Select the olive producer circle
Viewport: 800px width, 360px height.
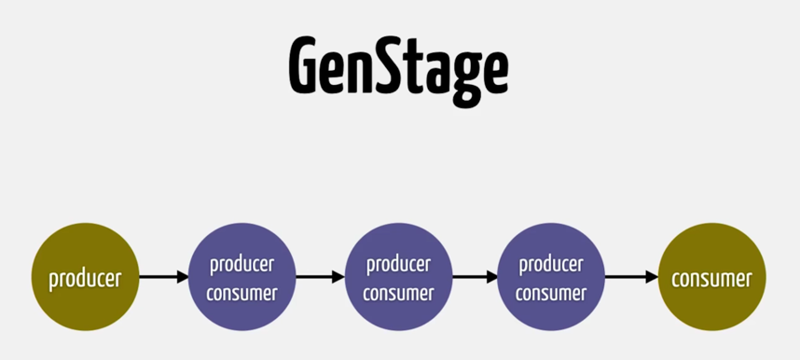[x=85, y=277]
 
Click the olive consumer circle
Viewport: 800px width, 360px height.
[x=711, y=277]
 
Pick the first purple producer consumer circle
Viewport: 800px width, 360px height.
[x=241, y=277]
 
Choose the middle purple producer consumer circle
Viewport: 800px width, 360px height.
[x=398, y=277]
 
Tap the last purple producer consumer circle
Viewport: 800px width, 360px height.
[x=551, y=277]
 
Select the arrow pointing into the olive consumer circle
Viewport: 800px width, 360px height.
[x=631, y=277]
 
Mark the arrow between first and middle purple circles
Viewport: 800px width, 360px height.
[x=320, y=277]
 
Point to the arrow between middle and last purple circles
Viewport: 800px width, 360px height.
[x=475, y=277]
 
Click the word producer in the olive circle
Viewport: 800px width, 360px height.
[x=85, y=279]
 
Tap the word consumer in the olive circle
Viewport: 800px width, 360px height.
[x=711, y=279]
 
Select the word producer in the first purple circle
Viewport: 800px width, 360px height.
[x=241, y=265]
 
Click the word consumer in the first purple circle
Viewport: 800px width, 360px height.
[x=241, y=293]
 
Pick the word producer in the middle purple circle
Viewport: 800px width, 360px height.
[x=398, y=265]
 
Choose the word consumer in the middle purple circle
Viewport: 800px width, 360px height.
[x=398, y=293]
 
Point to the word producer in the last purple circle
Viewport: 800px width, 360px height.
[x=551, y=265]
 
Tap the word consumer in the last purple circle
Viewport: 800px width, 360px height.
[x=551, y=293]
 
